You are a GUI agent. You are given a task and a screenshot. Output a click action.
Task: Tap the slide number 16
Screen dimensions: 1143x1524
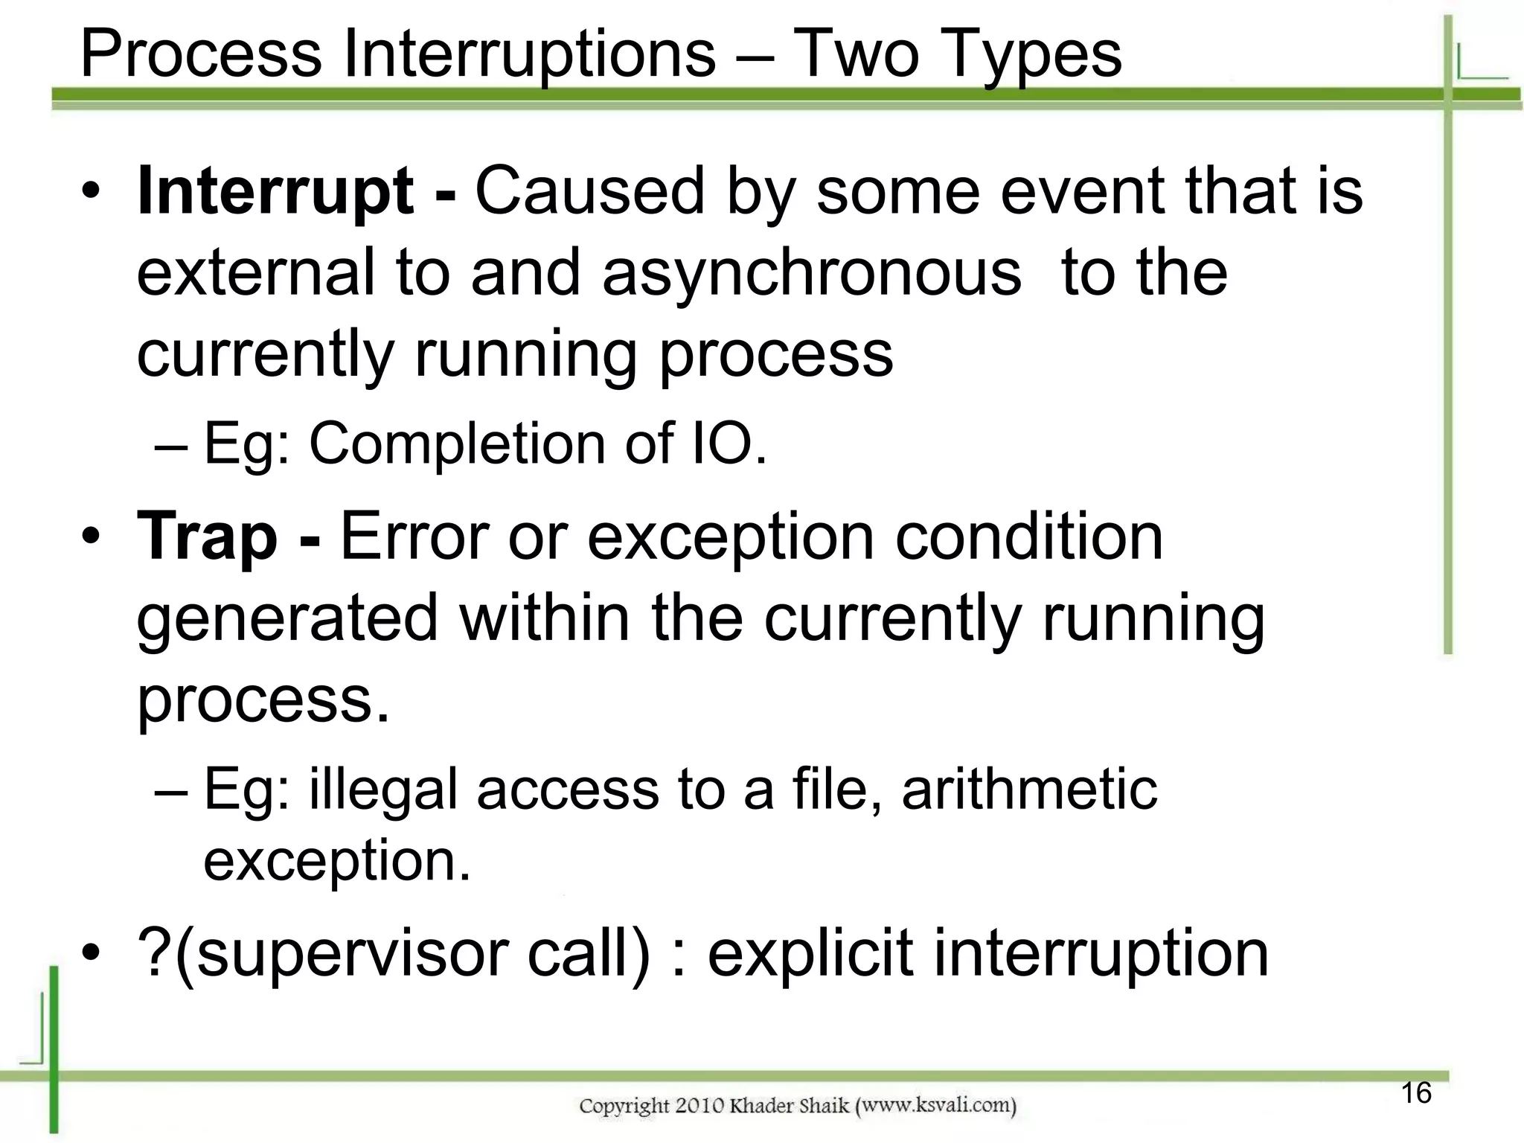point(1416,1093)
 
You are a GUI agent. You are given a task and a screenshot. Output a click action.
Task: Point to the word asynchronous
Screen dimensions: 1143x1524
point(811,273)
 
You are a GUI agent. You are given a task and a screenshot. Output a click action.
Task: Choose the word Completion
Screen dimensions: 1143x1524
point(456,444)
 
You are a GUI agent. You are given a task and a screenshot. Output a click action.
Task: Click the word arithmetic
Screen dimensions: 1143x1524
point(1029,789)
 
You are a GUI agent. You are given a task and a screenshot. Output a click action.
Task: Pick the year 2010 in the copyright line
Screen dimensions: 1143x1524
point(700,1106)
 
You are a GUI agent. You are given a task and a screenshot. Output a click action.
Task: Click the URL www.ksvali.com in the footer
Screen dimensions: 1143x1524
point(937,1106)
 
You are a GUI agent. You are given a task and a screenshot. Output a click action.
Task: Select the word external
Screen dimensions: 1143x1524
point(256,273)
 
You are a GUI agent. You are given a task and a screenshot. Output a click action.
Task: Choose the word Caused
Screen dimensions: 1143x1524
point(589,192)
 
